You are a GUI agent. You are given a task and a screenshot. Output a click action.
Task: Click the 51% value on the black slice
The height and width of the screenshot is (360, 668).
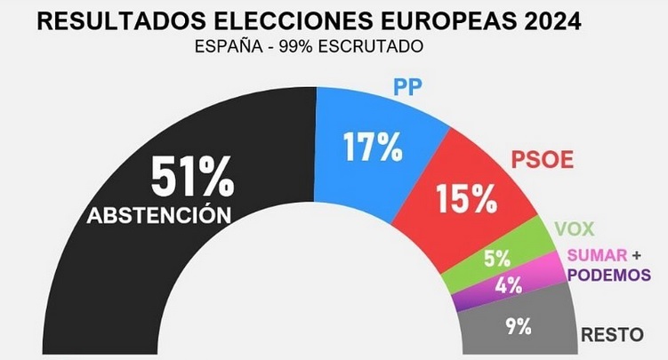(x=191, y=178)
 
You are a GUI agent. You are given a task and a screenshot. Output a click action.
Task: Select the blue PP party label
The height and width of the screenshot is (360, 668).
(x=407, y=89)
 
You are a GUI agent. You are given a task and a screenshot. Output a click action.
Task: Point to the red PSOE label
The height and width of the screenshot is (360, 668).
(x=543, y=162)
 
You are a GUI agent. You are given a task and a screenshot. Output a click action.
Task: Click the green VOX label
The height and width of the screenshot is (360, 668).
(x=573, y=228)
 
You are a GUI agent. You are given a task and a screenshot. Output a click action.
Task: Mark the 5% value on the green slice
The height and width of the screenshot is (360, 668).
(x=496, y=260)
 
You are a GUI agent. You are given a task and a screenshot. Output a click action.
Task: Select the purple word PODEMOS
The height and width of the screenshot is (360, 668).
(x=609, y=275)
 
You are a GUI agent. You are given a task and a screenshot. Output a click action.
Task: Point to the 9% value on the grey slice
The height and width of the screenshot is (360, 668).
(x=518, y=325)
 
